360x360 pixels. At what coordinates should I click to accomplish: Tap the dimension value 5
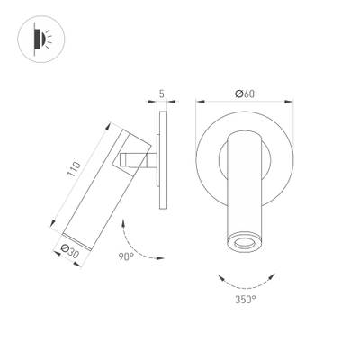pos(163,92)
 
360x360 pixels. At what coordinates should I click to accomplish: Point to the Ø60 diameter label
pos(240,92)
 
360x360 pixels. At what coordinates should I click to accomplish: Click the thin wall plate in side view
pos(163,162)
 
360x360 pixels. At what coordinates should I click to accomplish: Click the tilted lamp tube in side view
pos(106,180)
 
